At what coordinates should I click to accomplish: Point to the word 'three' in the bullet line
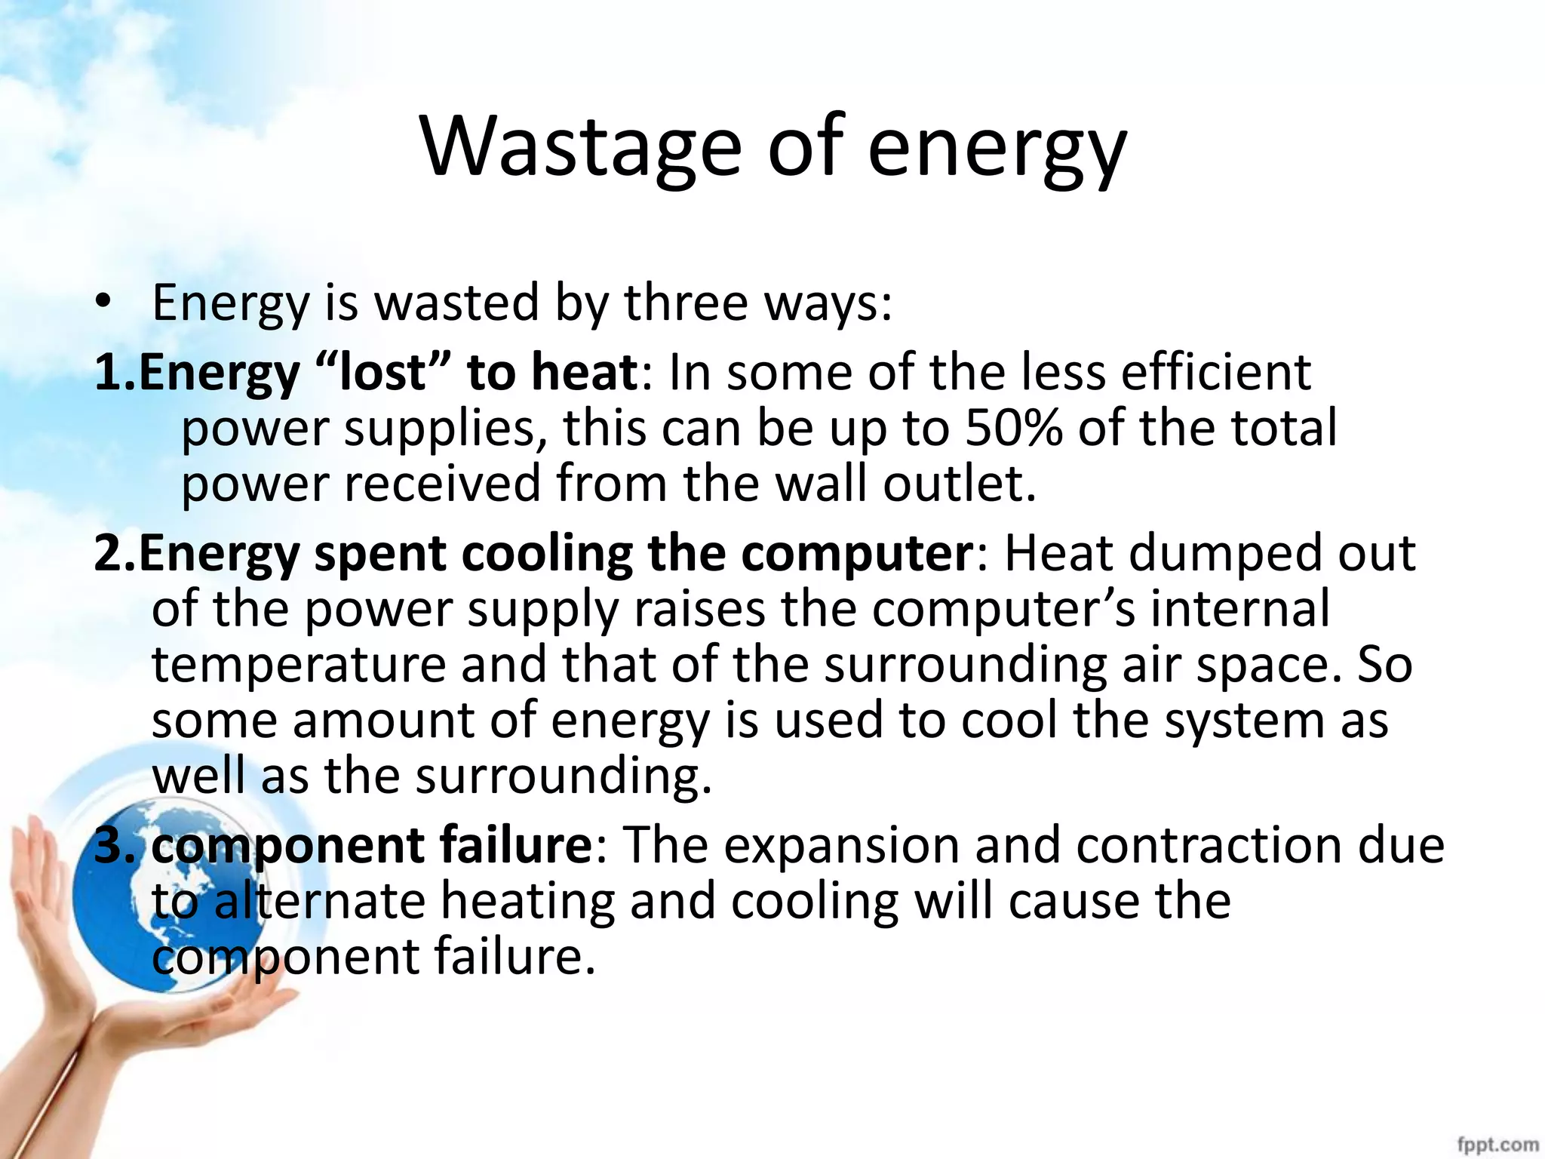[686, 302]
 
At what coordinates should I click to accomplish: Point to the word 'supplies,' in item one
[446, 427]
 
